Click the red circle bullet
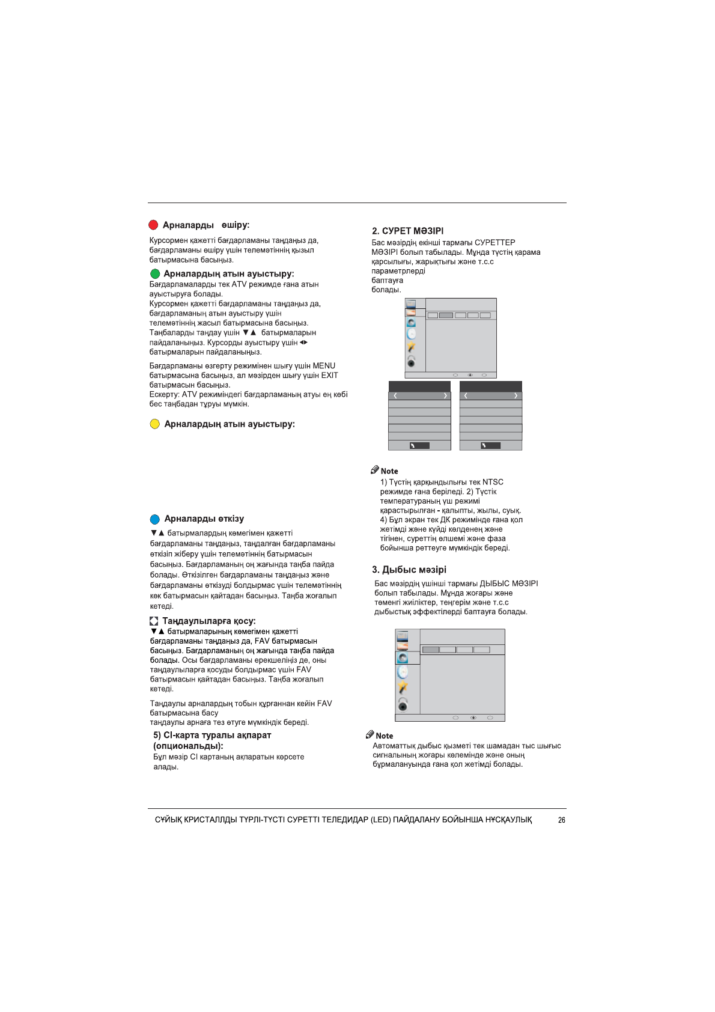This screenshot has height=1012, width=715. (153, 225)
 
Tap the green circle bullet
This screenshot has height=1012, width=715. (155, 274)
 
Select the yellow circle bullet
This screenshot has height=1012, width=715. (154, 424)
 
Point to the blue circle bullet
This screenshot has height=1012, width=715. (154, 519)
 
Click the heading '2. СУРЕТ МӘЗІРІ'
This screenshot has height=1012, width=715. (407, 231)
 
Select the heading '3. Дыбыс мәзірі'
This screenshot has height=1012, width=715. (409, 570)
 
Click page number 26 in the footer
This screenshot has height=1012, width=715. (561, 820)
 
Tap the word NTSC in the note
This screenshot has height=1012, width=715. (493, 482)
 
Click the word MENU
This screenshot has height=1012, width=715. (324, 365)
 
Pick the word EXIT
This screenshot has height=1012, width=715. (329, 375)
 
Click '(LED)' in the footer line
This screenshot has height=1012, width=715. (380, 820)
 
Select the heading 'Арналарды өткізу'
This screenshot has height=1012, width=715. (204, 519)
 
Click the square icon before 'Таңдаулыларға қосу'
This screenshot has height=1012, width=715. (154, 621)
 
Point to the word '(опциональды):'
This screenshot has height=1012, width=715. (188, 746)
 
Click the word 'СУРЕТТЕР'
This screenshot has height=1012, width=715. (494, 243)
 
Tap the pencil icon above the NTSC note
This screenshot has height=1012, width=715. (374, 470)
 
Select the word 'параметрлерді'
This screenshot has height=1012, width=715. (398, 271)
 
